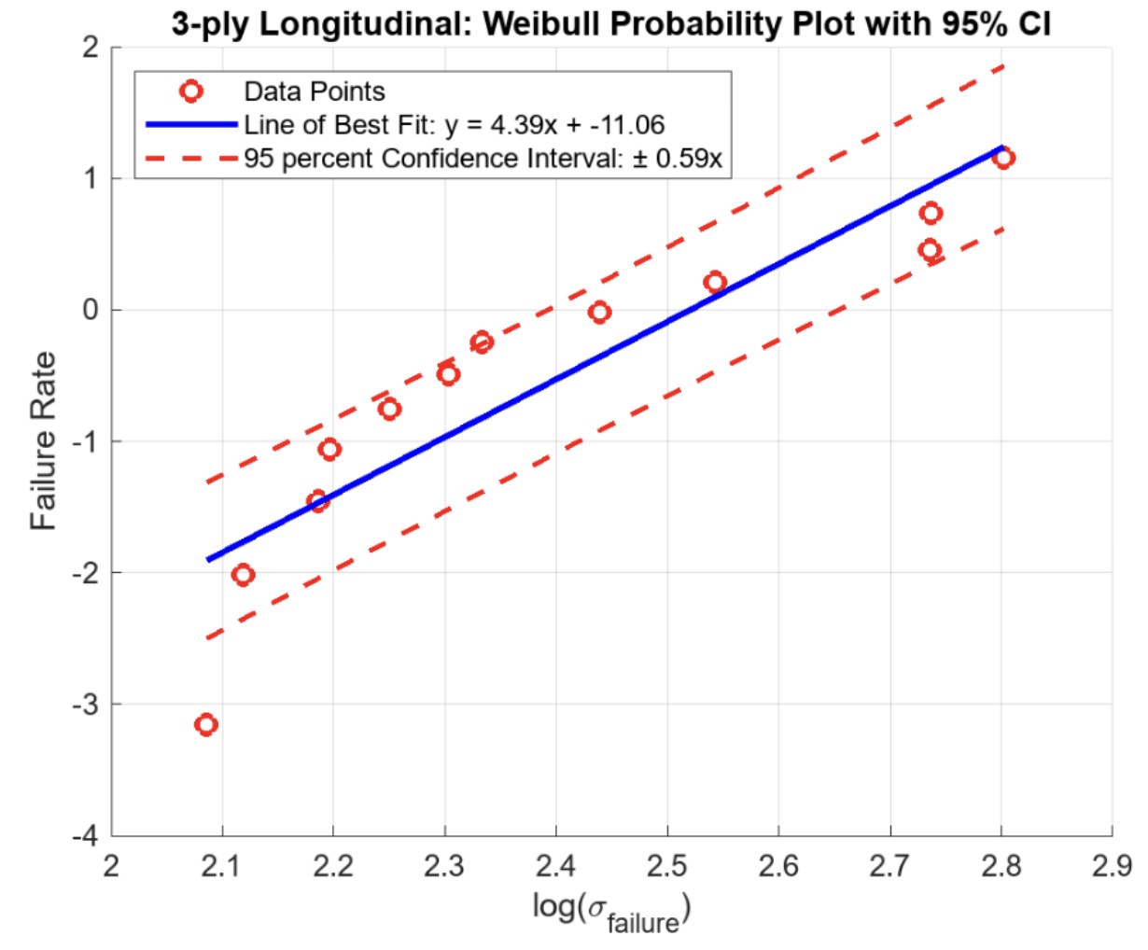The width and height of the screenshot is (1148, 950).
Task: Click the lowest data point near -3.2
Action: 206,725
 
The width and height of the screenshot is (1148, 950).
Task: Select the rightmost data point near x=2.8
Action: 1004,158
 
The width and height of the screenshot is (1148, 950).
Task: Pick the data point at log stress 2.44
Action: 600,312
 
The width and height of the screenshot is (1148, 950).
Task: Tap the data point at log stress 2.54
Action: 715,282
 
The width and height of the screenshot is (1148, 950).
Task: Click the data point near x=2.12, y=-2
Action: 243,575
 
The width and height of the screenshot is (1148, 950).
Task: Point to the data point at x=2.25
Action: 390,409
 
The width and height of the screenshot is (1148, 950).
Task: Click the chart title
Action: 611,23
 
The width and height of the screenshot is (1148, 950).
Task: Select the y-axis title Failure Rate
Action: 43,440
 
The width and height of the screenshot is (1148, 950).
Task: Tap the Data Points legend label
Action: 315,91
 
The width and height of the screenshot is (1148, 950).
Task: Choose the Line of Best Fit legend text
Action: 455,125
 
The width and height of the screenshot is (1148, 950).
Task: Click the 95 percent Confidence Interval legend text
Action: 483,159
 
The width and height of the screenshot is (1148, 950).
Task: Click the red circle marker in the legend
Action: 191,91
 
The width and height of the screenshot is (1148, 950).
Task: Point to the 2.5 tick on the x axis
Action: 666,867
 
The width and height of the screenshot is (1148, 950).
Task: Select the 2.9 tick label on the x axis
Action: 1111,867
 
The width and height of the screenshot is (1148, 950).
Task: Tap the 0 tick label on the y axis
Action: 91,310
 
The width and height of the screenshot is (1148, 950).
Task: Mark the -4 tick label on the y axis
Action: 85,836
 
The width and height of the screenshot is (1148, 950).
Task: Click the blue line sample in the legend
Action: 191,124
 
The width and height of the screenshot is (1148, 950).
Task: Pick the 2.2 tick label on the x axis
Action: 333,867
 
